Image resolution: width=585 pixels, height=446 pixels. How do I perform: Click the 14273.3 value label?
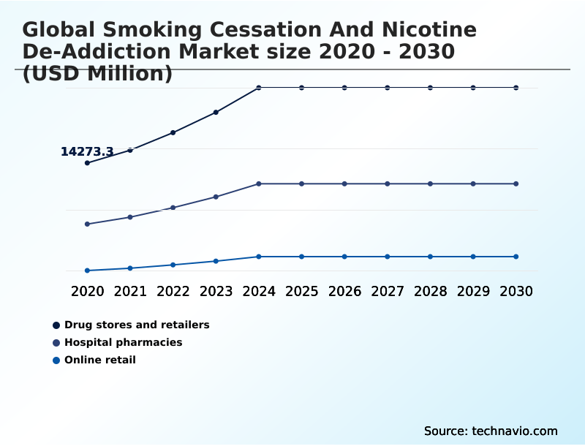point(87,152)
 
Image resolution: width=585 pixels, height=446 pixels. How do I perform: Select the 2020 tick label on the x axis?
point(87,291)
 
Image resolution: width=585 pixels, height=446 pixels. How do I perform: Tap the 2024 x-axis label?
point(259,291)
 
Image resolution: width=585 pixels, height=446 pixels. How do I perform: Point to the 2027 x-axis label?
point(388,291)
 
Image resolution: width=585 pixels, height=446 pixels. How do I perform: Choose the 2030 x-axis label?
point(516,291)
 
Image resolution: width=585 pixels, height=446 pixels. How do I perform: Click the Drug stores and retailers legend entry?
point(137,325)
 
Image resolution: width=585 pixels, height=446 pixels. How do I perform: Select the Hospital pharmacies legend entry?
point(123,342)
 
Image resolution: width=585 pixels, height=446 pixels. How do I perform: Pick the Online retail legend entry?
point(99,360)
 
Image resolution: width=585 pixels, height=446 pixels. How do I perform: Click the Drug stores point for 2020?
point(87,163)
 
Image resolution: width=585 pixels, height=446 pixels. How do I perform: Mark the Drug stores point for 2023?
point(216,113)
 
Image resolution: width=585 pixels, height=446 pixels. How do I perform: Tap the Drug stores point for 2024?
point(259,88)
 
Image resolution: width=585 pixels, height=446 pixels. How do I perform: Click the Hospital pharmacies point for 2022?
point(173,208)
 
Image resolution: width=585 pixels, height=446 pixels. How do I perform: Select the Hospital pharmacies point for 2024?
point(259,184)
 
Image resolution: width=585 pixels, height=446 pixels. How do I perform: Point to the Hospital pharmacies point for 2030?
point(516,184)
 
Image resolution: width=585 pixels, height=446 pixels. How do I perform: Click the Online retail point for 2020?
point(87,271)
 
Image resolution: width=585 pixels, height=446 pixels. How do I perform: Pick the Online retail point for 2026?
point(344,257)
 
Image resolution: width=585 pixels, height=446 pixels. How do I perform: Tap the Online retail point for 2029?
point(473,257)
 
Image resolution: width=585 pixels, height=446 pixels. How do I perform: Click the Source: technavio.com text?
point(491,431)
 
